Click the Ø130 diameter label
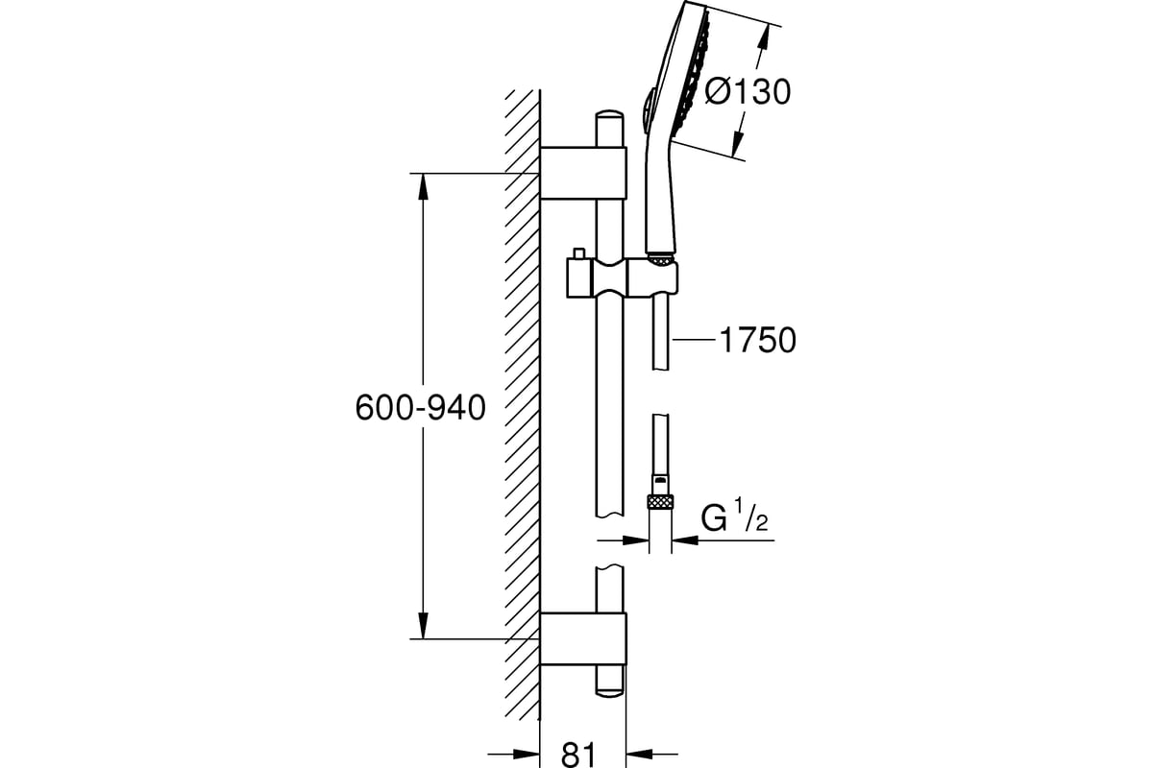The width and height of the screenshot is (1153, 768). (748, 92)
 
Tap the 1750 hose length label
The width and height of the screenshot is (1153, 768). (758, 341)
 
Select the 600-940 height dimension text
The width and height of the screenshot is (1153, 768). (421, 408)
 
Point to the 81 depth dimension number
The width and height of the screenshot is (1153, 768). (578, 755)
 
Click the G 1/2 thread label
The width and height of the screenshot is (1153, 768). (734, 515)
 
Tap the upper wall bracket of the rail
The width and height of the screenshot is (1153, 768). (583, 173)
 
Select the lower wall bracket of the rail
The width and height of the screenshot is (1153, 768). (583, 638)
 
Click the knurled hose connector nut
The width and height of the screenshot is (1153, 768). (660, 501)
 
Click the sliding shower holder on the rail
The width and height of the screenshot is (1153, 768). (623, 278)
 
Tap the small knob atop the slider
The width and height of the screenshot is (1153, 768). (579, 253)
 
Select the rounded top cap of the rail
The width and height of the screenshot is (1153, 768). (609, 114)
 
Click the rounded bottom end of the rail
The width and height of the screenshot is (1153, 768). (609, 691)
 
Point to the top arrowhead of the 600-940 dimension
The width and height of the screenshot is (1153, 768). (423, 187)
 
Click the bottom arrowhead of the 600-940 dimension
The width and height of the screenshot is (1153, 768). (423, 625)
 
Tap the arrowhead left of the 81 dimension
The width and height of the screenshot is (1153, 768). (527, 755)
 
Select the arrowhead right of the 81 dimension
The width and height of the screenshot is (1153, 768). (639, 755)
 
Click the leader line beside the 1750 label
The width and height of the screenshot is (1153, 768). (694, 339)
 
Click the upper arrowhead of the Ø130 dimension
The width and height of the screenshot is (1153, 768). (764, 39)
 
